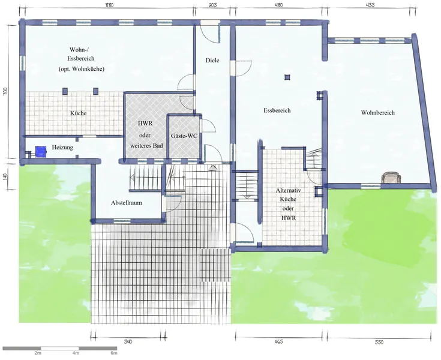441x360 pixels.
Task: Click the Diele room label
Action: (212, 60)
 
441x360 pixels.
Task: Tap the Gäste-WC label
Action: (184, 136)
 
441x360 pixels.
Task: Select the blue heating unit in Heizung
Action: (41, 152)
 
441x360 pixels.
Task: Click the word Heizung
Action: (62, 148)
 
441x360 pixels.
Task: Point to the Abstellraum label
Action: (126, 203)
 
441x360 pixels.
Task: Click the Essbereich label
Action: (277, 110)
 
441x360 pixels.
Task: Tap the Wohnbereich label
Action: (378, 113)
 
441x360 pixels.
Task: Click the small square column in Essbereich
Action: (287, 77)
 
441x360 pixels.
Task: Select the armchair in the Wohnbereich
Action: (391, 178)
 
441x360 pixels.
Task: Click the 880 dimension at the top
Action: (109, 5)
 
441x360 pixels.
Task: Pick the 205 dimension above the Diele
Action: (213, 5)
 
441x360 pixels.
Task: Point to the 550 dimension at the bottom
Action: (379, 342)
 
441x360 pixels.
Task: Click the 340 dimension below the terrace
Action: (128, 342)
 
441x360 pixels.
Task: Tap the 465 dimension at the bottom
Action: (278, 342)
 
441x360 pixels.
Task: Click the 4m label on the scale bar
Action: (76, 353)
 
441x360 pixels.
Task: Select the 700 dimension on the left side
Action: (5, 91)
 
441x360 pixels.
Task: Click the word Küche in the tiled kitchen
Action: (79, 113)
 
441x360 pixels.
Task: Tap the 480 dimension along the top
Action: (279, 5)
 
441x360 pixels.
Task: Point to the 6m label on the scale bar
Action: (113, 353)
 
